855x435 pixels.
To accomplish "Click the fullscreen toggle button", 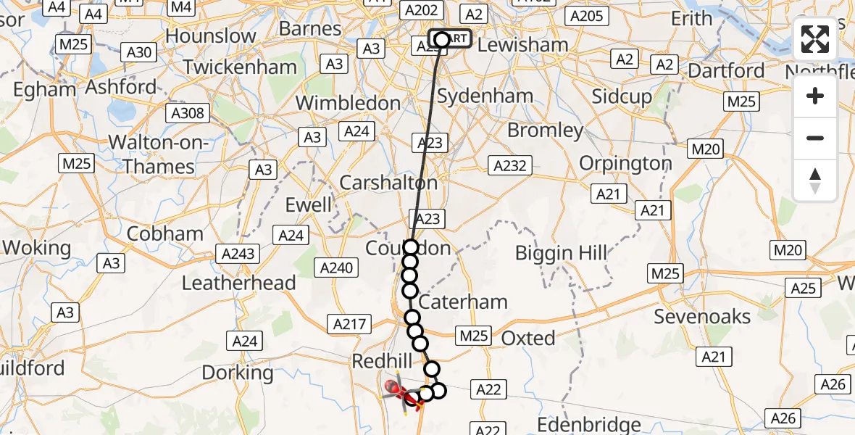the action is (x=815, y=39).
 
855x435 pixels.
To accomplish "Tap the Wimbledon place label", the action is (x=348, y=103).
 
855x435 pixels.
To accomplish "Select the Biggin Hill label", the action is (x=560, y=253).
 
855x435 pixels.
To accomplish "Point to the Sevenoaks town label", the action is (x=702, y=316).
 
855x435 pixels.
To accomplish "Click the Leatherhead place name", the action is (x=238, y=283).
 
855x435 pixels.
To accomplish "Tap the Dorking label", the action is (x=238, y=373).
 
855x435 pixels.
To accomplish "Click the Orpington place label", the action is (x=626, y=163).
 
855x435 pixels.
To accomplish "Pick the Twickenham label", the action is (x=240, y=67).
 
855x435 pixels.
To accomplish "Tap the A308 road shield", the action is (x=187, y=113).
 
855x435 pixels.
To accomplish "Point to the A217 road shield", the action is (x=349, y=324).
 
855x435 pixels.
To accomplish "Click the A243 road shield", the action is (x=238, y=253).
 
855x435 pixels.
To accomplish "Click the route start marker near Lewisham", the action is (x=442, y=39).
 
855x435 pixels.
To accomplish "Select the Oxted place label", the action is (x=528, y=338).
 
